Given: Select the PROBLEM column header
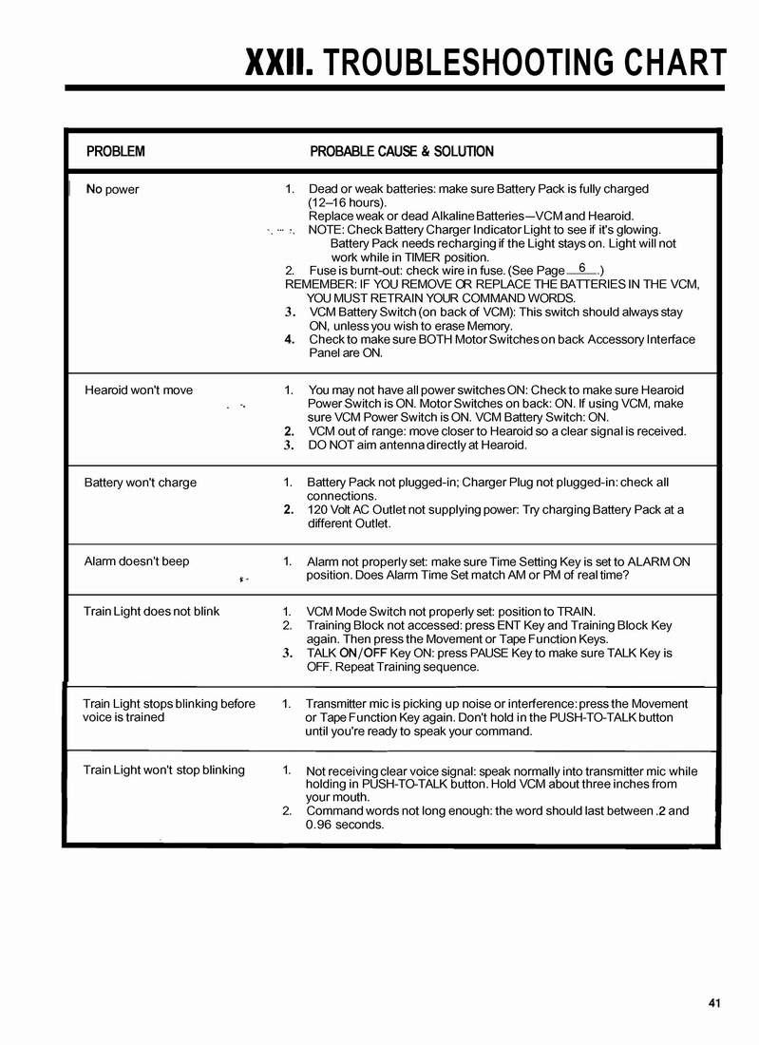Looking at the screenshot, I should tap(116, 151).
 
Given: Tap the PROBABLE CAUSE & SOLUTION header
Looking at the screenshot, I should tap(402, 151).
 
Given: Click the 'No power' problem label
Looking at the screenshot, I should tap(112, 189).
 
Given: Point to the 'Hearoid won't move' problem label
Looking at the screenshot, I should tap(138, 390).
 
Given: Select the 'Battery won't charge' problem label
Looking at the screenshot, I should tap(140, 483).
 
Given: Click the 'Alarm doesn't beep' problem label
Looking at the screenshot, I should tap(136, 561).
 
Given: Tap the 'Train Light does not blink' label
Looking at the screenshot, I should tap(151, 612).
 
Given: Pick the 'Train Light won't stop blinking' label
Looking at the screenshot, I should tap(163, 769).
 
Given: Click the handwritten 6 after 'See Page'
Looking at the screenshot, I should tap(581, 269).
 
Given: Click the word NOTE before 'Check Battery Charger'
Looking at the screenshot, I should tap(326, 230).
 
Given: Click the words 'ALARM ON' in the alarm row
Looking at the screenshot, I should tap(659, 561).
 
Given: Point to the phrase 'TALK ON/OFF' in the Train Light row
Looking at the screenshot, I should tap(346, 654).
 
